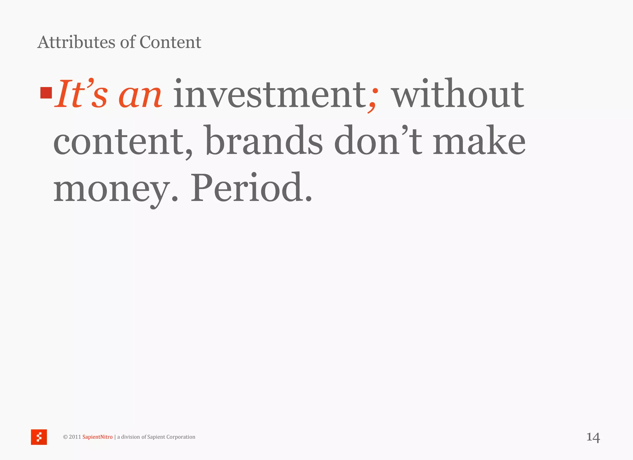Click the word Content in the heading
pyautogui.click(x=170, y=42)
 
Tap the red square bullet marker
pyautogui.click(x=46, y=93)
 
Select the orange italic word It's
pyautogui.click(x=81, y=94)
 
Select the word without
pyautogui.click(x=458, y=94)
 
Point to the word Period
pyautogui.click(x=247, y=188)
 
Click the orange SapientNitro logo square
pyautogui.click(x=39, y=437)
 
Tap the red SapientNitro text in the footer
pyautogui.click(x=97, y=437)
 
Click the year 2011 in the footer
pyautogui.click(x=75, y=437)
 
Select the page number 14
pyautogui.click(x=593, y=437)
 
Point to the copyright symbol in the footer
pyautogui.click(x=65, y=437)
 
